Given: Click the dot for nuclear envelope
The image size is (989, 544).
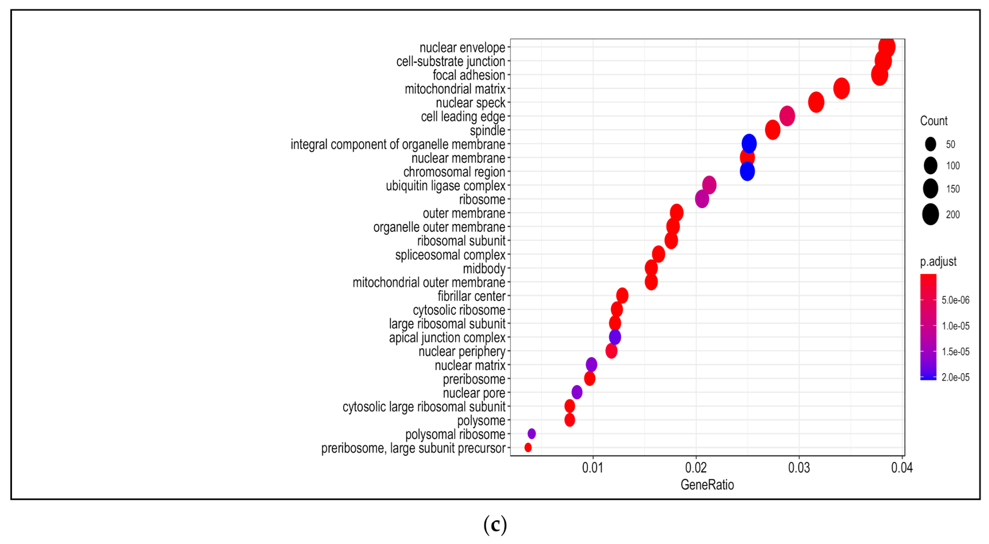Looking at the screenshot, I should (886, 47).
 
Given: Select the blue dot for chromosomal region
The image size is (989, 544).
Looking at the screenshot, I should (747, 171).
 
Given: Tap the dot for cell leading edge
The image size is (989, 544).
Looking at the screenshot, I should (787, 116).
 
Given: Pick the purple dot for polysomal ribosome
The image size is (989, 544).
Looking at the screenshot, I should (531, 434).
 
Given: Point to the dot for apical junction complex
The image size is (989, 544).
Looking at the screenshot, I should (614, 337).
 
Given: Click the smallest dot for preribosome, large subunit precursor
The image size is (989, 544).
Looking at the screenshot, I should (528, 447).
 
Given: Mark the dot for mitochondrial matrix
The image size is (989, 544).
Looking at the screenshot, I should (841, 88).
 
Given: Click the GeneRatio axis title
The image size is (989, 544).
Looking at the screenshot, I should (707, 485).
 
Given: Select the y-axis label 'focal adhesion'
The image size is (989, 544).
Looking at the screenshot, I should (469, 75).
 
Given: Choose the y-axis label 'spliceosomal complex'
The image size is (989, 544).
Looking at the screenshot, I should (450, 255).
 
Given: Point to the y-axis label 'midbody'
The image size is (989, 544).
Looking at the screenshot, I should (484, 269).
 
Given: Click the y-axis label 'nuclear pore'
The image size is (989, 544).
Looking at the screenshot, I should (474, 393).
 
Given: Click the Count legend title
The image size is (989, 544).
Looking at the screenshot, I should (933, 121).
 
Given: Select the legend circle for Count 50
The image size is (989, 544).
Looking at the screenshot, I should (930, 144).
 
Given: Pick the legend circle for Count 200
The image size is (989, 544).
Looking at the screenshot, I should (930, 215).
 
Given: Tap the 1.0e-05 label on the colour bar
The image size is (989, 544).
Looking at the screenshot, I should (955, 326).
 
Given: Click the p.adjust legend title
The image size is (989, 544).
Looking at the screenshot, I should (938, 262).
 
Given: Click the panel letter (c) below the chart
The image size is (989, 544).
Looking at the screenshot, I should (495, 525).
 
